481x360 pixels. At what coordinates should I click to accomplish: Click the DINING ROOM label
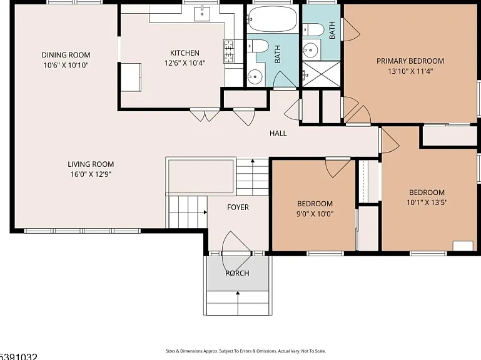66,55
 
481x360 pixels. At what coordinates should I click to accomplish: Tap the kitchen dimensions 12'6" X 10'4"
185,63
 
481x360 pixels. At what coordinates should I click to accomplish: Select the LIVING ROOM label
91,164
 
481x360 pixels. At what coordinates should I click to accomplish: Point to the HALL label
278,133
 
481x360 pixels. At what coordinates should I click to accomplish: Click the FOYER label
238,207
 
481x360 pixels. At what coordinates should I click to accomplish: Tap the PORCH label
238,273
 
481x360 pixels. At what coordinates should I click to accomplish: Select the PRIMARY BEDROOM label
410,61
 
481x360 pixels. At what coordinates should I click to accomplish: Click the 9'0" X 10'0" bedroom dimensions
315,214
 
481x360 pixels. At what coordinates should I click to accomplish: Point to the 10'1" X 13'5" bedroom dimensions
427,202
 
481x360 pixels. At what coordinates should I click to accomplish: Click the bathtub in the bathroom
273,19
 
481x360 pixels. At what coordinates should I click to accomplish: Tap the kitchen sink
202,14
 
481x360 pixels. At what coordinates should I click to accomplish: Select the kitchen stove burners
228,51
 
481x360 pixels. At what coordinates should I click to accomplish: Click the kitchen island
131,77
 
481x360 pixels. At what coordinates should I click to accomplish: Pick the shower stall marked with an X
321,74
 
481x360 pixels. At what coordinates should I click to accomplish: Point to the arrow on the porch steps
238,303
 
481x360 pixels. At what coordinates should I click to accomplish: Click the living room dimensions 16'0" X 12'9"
91,174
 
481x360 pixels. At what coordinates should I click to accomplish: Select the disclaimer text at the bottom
246,351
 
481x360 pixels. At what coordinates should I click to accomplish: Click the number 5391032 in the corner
18,357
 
